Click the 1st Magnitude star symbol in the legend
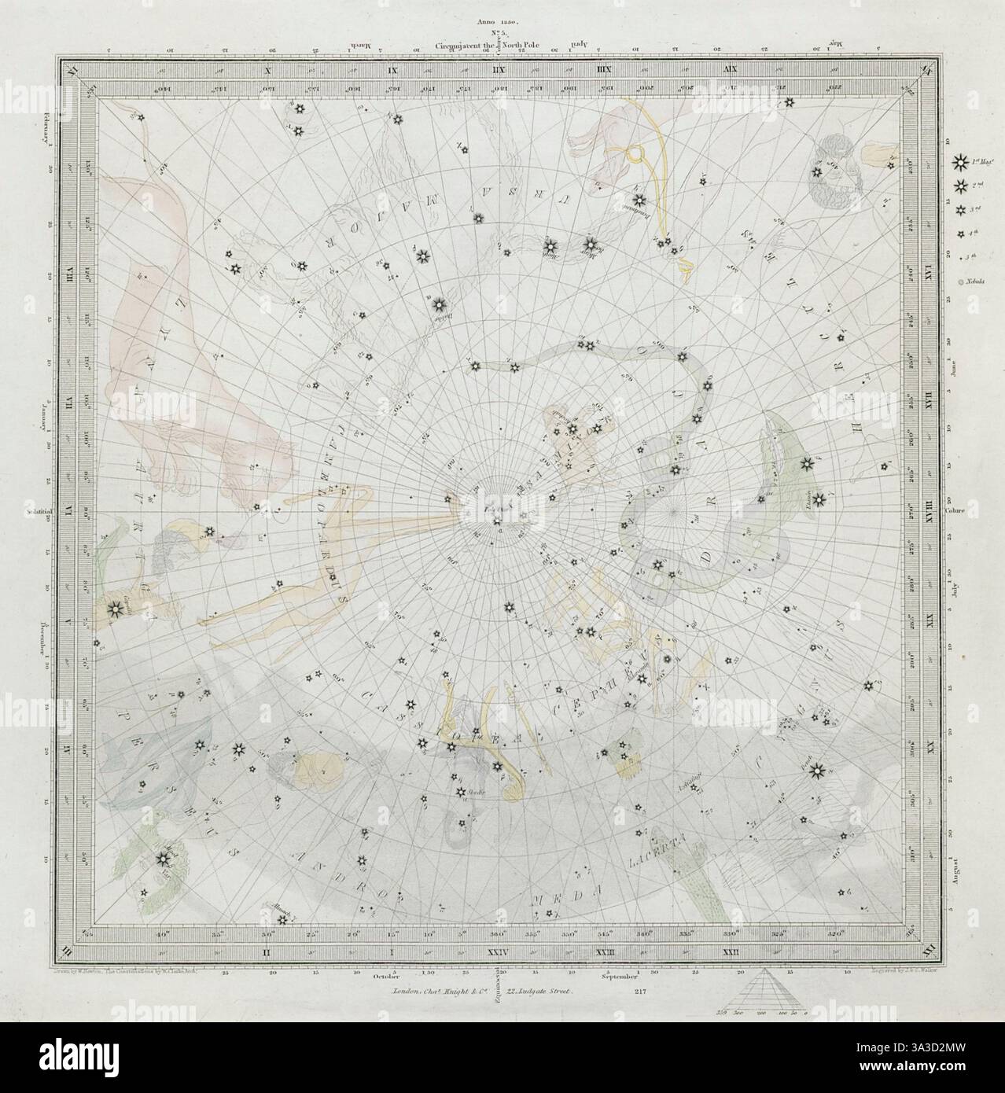(959, 164)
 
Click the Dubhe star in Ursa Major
(440, 303)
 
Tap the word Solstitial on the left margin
(38, 510)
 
